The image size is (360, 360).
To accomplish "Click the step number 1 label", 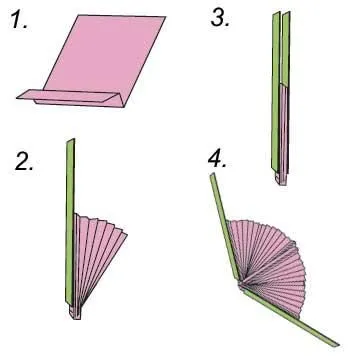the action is pyautogui.click(x=19, y=20).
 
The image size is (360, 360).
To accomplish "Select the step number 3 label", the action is pyautogui.click(x=220, y=18).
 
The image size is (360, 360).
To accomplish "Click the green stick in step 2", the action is pyautogui.click(x=70, y=222).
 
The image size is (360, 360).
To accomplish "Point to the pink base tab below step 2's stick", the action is pyautogui.click(x=75, y=312).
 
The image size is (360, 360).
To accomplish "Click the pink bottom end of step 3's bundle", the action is pyautogui.click(x=281, y=177).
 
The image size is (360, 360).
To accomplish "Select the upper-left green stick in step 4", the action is pyautogui.click(x=225, y=227).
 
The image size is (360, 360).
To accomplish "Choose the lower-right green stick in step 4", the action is pyautogui.click(x=290, y=317).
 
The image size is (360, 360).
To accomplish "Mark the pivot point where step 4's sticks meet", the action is pyautogui.click(x=241, y=284).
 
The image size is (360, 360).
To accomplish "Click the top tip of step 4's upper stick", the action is pyautogui.click(x=212, y=173).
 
